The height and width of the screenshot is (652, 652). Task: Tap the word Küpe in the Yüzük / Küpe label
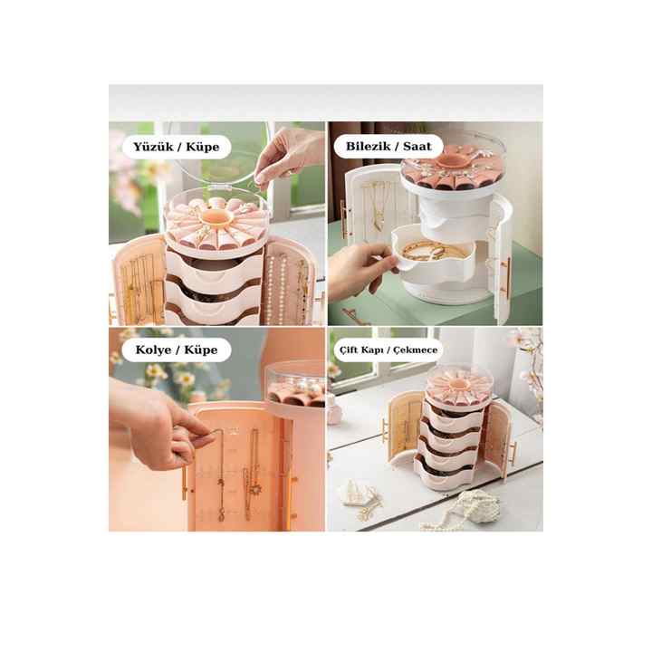pyautogui.click(x=203, y=147)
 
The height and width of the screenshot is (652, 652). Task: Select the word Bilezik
pyautogui.click(x=368, y=147)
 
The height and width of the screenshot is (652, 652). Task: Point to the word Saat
pyautogui.click(x=417, y=147)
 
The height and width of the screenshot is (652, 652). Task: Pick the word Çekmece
pyautogui.click(x=415, y=350)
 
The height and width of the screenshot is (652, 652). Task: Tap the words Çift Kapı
pyautogui.click(x=360, y=350)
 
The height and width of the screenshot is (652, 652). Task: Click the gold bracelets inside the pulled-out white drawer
pyautogui.click(x=433, y=250)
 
